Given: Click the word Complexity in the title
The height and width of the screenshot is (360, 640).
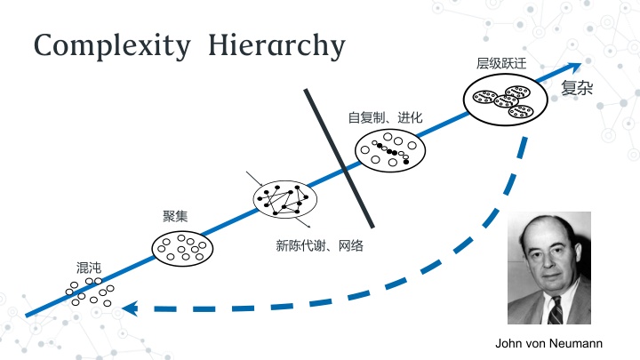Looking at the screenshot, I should coord(110,45).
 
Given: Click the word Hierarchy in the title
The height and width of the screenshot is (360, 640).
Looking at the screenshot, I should coord(276,45).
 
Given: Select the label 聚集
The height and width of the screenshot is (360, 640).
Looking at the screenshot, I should coord(175,216).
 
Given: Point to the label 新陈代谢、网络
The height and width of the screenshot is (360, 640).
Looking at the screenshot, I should coord(320,245).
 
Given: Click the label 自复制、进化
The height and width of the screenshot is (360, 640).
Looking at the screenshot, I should coord(385,117).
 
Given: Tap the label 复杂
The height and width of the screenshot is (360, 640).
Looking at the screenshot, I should coord(577,89).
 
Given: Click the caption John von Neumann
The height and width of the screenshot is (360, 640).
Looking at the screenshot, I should coord(548,343).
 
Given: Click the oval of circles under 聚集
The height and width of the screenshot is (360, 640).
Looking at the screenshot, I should coord(182,248).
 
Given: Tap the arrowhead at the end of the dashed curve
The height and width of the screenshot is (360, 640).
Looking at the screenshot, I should coord(130,309).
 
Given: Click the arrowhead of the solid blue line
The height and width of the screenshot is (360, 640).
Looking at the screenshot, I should coord(575,67).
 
